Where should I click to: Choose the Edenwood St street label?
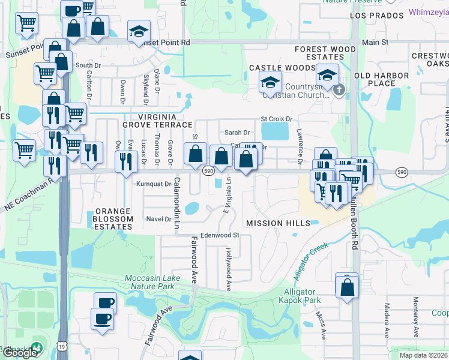(220, 235)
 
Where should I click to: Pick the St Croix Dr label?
(276, 119)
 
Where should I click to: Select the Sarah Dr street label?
(237, 133)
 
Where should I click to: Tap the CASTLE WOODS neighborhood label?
(274, 68)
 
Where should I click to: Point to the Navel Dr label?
(158, 219)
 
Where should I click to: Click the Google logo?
(20, 352)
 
